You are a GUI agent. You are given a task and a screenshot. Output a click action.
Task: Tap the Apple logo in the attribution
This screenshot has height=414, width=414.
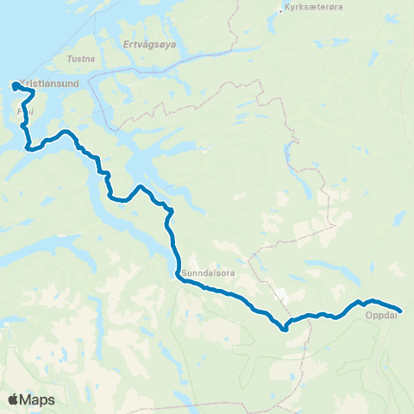(13, 399)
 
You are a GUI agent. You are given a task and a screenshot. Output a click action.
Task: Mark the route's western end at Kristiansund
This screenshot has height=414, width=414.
(15, 85)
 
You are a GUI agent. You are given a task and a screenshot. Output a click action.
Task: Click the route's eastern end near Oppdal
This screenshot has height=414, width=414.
(400, 310)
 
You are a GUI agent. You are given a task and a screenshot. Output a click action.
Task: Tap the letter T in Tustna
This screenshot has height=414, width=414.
(69, 60)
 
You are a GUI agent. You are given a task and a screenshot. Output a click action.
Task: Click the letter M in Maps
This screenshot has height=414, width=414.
(27, 399)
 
